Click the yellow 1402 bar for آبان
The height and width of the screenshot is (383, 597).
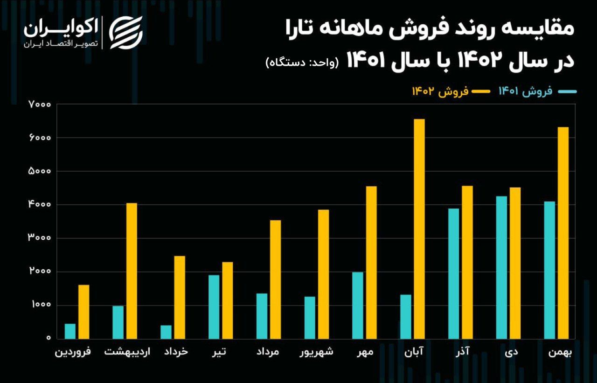tap(419, 229)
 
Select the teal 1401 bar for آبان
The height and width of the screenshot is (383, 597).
tap(406, 316)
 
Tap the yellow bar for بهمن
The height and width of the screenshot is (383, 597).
tap(563, 233)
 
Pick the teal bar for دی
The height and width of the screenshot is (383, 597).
tap(501, 267)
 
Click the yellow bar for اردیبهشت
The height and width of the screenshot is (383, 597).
tap(132, 271)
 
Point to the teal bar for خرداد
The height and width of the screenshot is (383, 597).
tap(166, 332)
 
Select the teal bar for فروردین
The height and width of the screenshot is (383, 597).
tap(70, 331)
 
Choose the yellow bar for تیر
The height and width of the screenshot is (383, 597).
tap(227, 300)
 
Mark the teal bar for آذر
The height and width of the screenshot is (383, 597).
tap(453, 273)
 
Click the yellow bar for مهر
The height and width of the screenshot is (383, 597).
tap(371, 262)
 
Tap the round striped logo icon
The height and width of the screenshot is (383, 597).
tap(126, 32)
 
